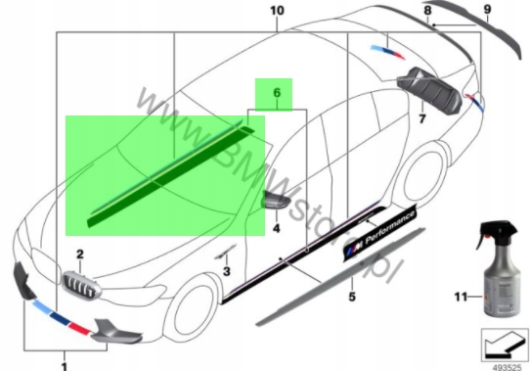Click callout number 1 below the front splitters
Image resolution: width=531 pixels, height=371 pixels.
tap(65, 366)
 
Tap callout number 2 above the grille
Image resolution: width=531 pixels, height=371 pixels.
tap(80, 254)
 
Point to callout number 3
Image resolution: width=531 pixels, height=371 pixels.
tap(226, 271)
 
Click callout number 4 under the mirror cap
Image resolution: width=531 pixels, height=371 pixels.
tap(277, 228)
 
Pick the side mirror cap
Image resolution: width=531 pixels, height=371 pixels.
tap(277, 199)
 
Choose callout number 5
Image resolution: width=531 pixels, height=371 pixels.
tap(352, 297)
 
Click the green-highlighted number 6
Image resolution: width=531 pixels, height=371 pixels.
tap(277, 93)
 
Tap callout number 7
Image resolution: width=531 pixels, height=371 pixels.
tap(421, 118)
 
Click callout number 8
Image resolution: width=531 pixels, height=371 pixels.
tap(427, 10)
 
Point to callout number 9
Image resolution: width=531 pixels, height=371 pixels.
tap(487, 9)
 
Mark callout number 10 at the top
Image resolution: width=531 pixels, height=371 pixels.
tap(277, 11)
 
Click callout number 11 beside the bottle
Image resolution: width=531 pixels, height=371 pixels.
tap(461, 297)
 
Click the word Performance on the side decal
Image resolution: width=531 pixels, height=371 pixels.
tap(390, 227)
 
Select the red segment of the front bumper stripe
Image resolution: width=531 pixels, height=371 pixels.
tap(80, 328)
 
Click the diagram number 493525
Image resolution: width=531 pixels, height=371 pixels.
tap(507, 367)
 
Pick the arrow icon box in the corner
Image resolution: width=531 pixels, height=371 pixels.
tap(505, 345)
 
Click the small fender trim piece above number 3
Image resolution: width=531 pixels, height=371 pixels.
tap(225, 252)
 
